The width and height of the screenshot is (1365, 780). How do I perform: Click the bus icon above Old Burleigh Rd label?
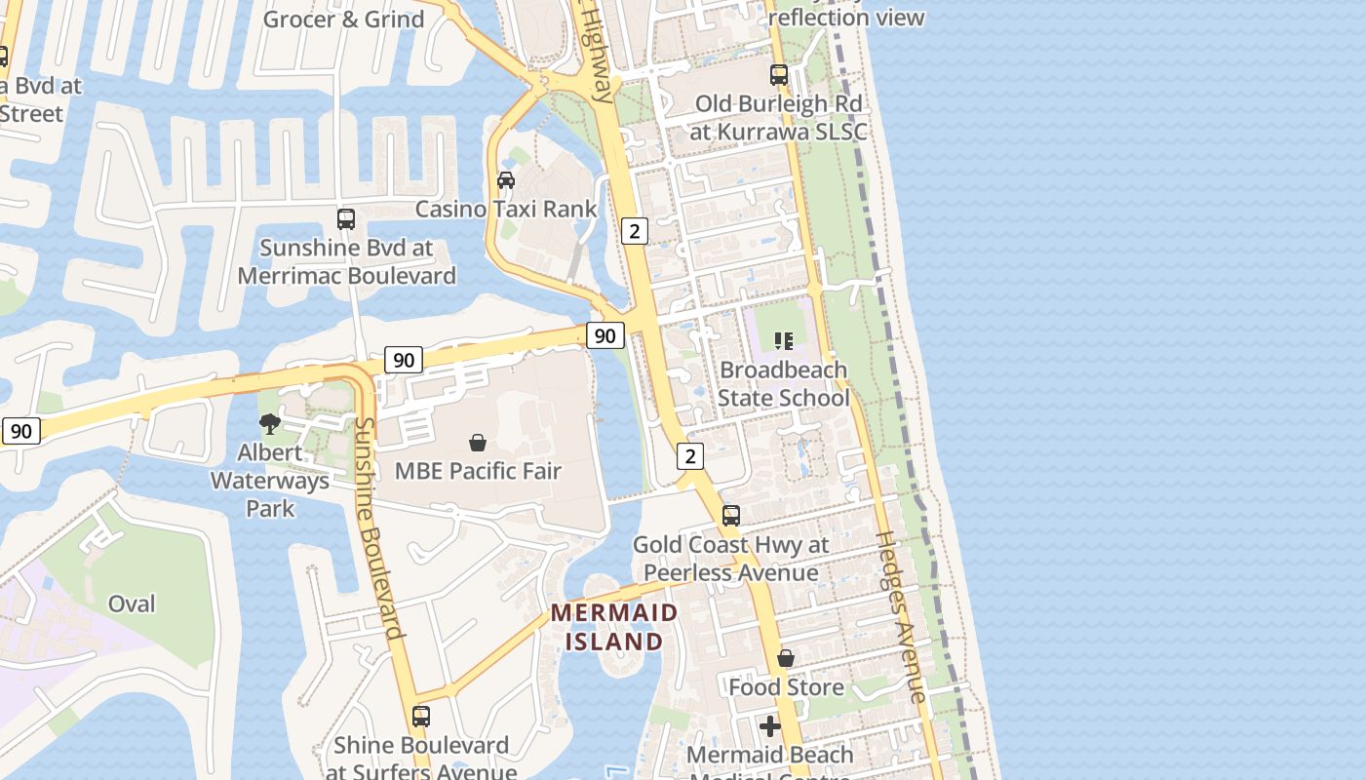pos(778,74)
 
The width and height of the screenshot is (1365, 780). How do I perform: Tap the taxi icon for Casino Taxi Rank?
pos(506,180)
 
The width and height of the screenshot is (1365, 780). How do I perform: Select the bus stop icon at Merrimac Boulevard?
pos(346,219)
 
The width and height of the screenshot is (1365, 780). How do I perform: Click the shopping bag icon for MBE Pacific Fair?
pos(478,443)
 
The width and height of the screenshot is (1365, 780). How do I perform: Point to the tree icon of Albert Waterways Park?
pos(270,424)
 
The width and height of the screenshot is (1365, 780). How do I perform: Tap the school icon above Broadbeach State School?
pos(784,340)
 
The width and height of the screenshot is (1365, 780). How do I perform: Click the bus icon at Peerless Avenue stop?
pos(731,516)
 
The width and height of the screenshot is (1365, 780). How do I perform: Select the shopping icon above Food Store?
pos(786,659)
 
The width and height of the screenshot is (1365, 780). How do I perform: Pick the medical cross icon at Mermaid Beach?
pos(770,726)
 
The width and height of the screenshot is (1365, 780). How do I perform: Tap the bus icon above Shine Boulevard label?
pos(421,717)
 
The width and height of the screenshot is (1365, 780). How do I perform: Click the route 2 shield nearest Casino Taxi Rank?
pos(635,231)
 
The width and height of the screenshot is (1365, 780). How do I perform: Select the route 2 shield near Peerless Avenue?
pos(690,456)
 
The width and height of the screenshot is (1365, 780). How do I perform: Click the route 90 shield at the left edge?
pos(20,431)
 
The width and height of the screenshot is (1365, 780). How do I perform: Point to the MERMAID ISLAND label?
pos(614,627)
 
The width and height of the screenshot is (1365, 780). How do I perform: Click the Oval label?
pos(132,604)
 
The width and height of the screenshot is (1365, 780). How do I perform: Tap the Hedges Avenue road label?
pos(901,616)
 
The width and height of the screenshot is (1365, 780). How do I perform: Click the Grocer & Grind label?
pos(344,19)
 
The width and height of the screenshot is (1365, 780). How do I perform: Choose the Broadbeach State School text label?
pos(784,384)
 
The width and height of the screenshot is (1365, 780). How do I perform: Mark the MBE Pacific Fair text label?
pos(478,472)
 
